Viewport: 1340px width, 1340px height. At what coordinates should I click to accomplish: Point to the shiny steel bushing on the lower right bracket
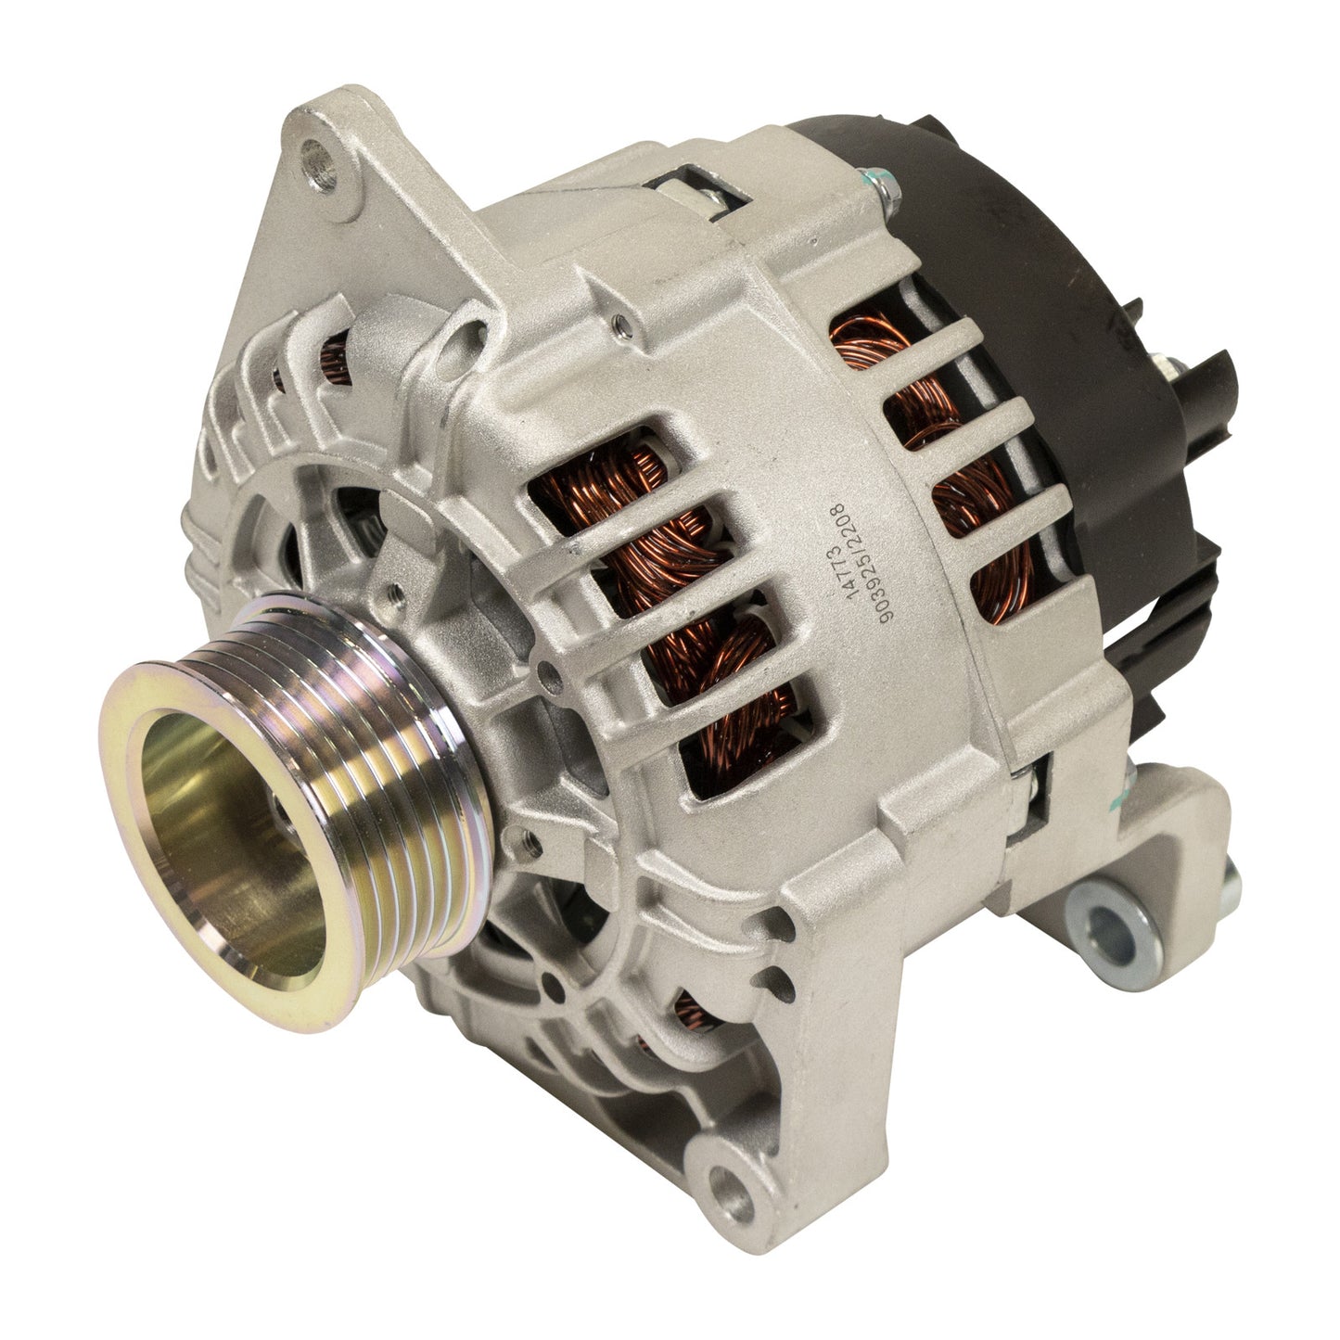(1112, 924)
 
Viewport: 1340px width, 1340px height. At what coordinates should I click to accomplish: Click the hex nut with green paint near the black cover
(884, 187)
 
